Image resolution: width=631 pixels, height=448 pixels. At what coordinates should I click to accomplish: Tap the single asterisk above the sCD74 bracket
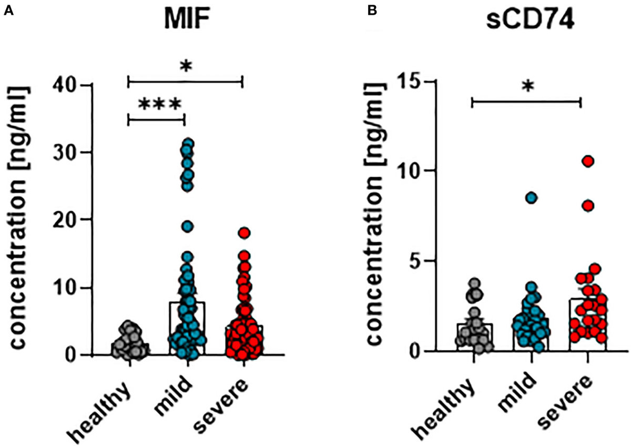click(x=526, y=87)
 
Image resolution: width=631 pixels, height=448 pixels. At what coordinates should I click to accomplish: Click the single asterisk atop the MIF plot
click(x=185, y=66)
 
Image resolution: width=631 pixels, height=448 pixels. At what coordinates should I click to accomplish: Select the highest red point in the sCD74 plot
click(x=587, y=161)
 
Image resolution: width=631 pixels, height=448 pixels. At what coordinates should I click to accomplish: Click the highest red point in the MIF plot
click(x=242, y=232)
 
